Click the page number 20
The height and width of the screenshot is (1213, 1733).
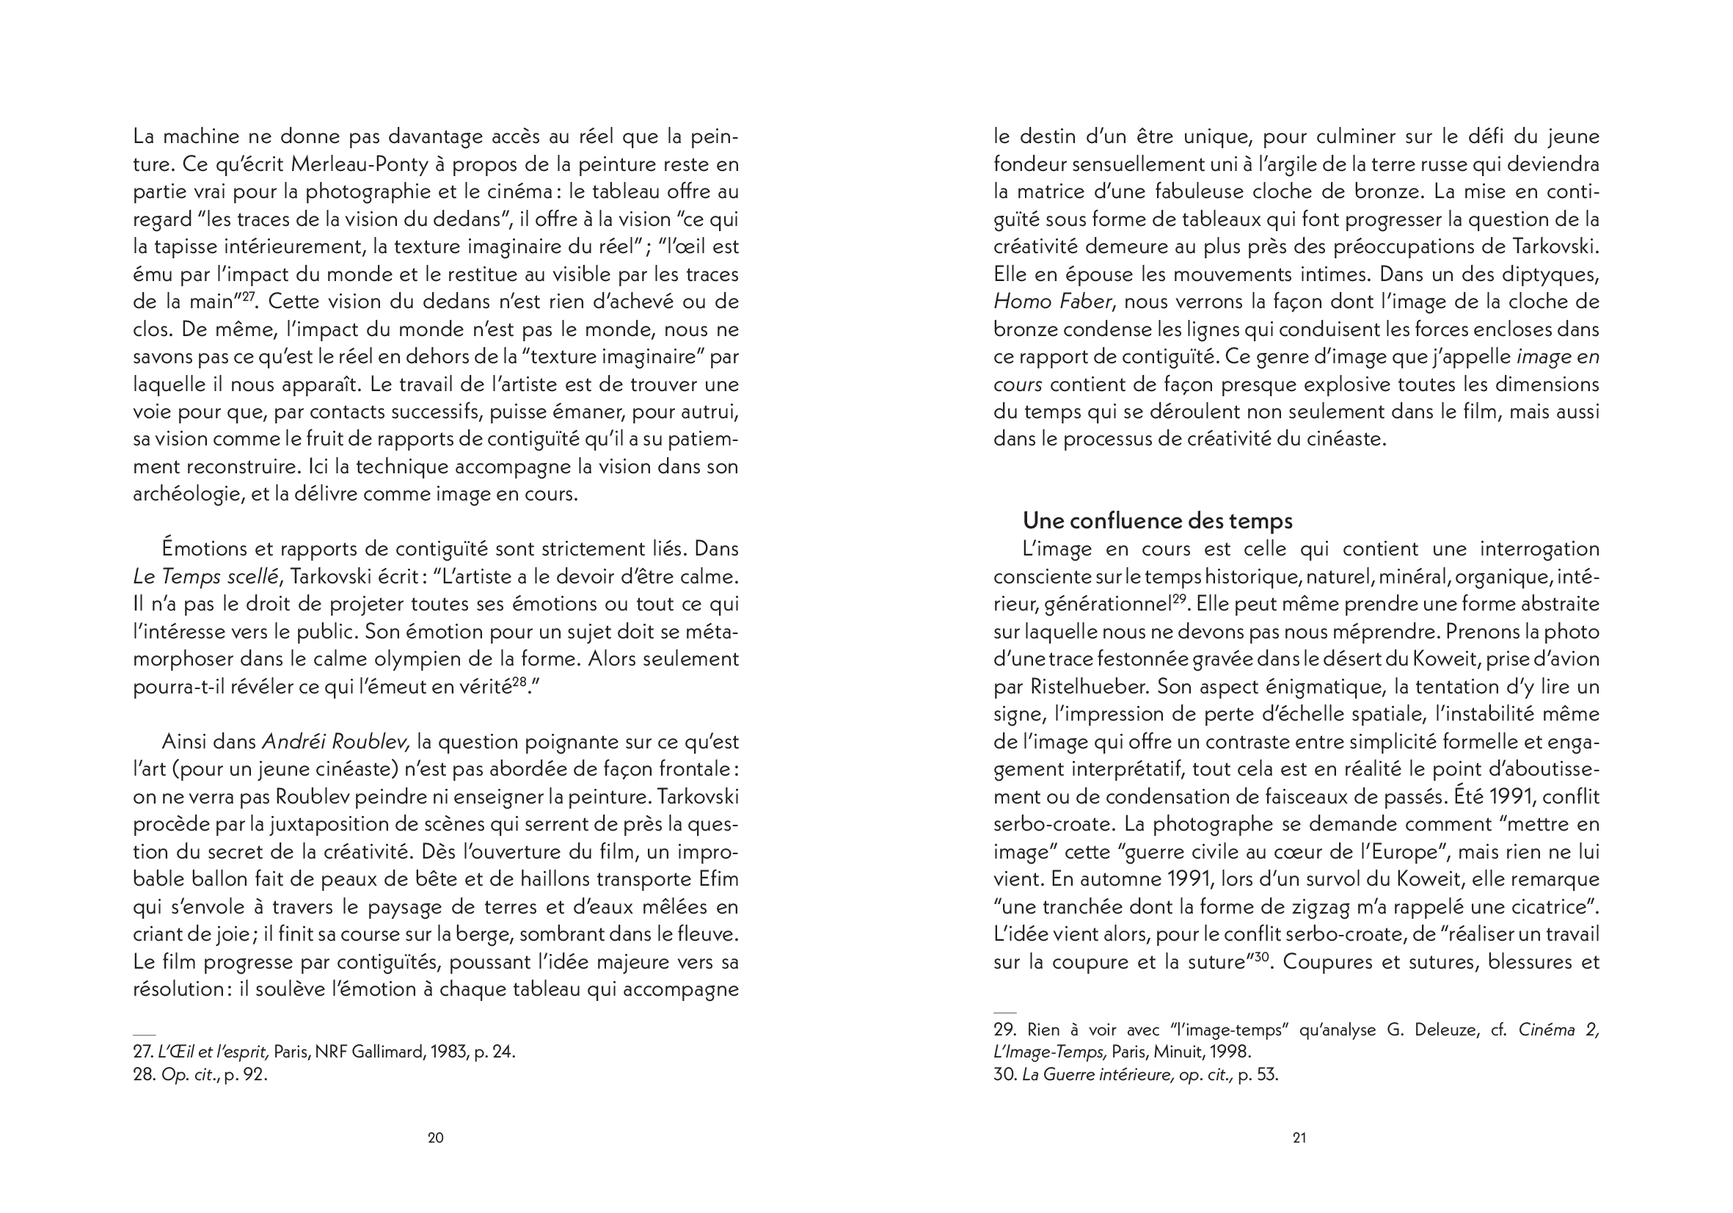(436, 1138)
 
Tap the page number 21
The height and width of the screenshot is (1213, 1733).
(1299, 1138)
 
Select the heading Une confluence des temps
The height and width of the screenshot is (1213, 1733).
(1157, 521)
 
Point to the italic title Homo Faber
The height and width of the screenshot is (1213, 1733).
(1053, 302)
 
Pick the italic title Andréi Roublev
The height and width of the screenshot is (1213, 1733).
(336, 742)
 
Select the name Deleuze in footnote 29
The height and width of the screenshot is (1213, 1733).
(1441, 1030)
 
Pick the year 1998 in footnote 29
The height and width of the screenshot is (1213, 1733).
(1231, 1052)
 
